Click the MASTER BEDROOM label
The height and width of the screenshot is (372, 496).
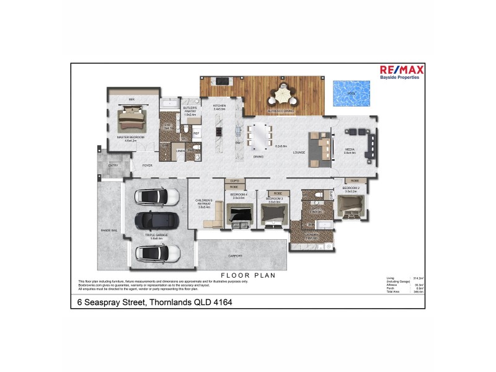(130, 138)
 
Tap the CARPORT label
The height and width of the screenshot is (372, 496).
(235, 255)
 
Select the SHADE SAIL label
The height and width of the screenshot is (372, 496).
(109, 230)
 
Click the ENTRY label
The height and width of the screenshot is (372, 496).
(113, 166)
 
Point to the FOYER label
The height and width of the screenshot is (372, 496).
(148, 166)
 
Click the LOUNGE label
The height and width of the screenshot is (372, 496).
(300, 152)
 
